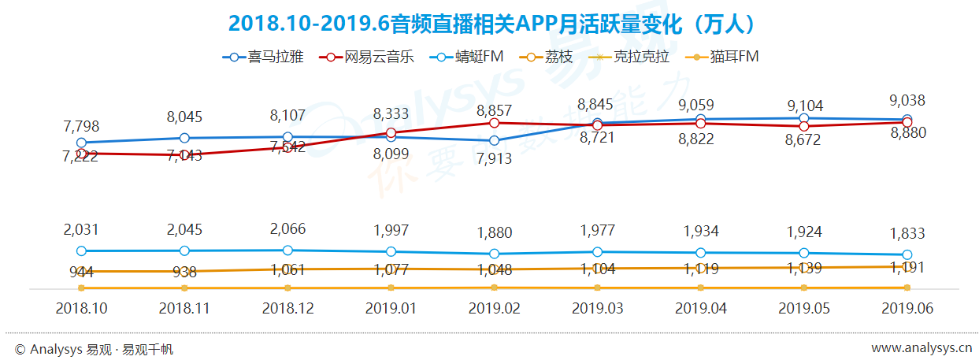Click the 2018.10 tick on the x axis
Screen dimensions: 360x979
81,309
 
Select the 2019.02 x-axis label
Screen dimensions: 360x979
494,309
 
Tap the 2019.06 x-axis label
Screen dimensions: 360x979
907,309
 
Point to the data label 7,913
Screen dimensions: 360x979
494,158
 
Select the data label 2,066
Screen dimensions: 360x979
287,229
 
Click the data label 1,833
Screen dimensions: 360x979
907,234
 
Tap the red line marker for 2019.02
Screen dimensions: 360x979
494,123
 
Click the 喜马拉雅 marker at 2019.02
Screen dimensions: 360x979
494,141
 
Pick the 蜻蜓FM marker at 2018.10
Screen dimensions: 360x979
81,251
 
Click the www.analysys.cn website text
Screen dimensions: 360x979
922,348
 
